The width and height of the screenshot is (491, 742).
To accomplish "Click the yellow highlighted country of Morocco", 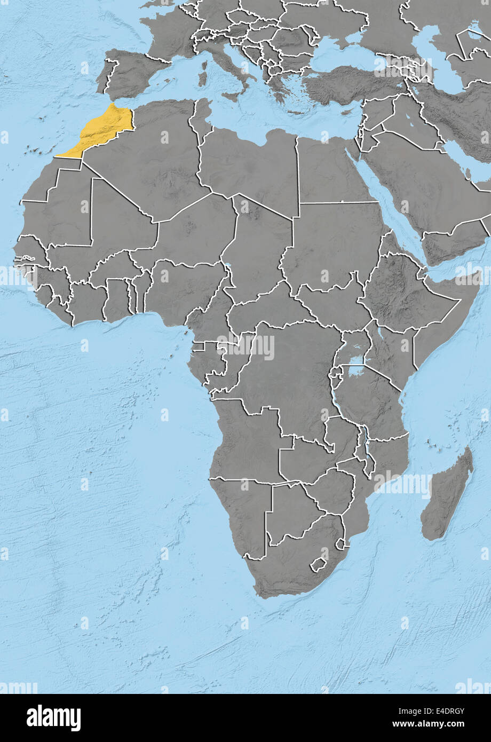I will (x=104, y=128).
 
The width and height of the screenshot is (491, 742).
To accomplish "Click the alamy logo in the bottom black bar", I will (x=53, y=718).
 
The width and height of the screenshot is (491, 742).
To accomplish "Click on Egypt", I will (x=331, y=171).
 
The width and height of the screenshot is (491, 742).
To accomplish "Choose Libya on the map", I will (x=251, y=165).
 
